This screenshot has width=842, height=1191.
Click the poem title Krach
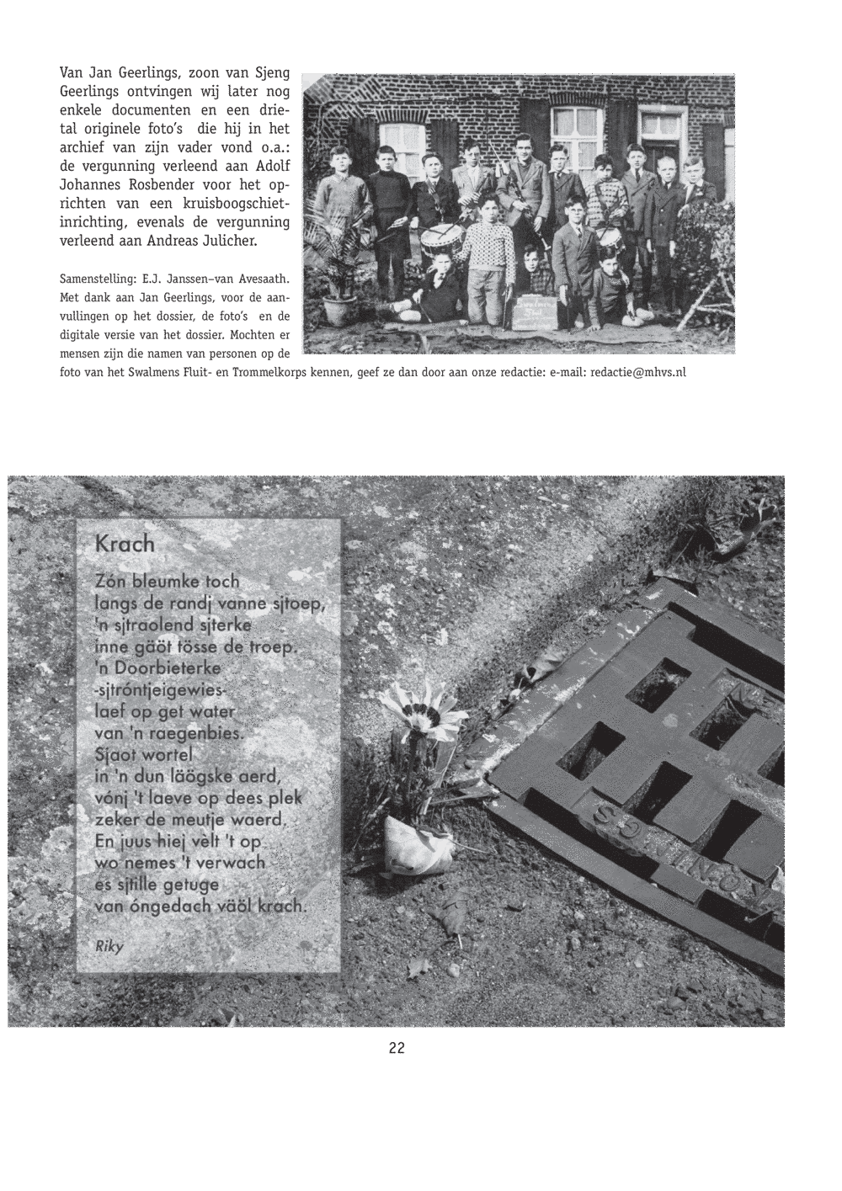pos(125,544)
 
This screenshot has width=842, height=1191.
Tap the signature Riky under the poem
pos(109,945)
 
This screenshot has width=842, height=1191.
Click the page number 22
pos(397,1048)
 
